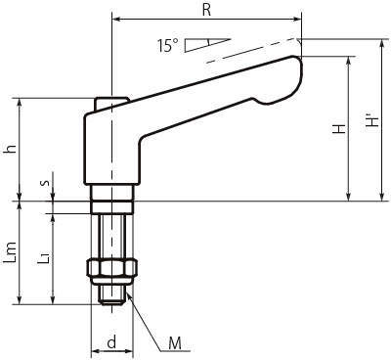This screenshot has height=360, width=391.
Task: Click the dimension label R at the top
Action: [206, 10]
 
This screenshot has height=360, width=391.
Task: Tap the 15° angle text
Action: [168, 46]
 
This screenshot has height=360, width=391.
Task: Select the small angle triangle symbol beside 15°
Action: [207, 45]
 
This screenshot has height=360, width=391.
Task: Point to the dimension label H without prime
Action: [339, 129]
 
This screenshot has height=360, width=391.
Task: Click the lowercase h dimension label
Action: [12, 149]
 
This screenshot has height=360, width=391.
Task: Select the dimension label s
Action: [46, 182]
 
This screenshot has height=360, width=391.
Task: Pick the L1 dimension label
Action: [44, 257]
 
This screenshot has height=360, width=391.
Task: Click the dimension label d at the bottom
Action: [111, 342]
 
